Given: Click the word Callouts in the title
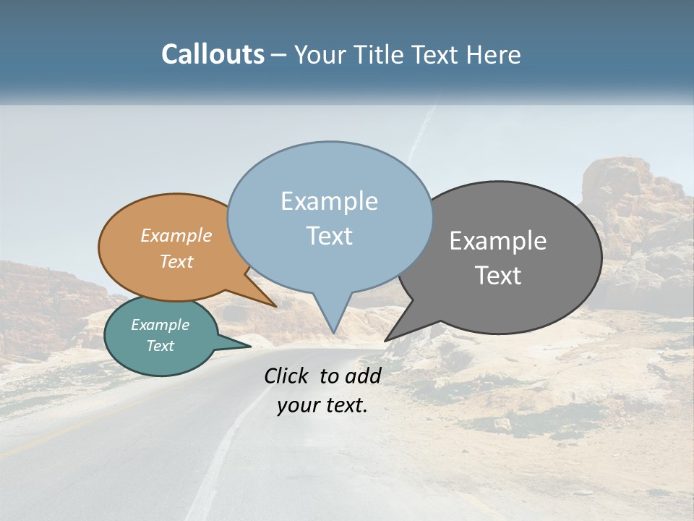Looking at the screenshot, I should click(213, 54).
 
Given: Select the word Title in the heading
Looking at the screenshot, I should click(380, 54).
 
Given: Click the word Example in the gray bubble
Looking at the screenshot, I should click(498, 241).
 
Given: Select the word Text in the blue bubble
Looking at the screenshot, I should click(330, 236).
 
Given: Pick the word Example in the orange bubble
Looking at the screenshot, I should click(176, 236).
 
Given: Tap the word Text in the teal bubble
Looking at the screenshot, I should click(160, 346).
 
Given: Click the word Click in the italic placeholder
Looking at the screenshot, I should click(286, 376).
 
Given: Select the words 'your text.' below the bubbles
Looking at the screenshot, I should click(322, 405).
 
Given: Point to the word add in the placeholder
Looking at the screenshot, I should click(363, 376).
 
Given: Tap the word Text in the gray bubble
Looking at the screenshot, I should click(498, 276).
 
